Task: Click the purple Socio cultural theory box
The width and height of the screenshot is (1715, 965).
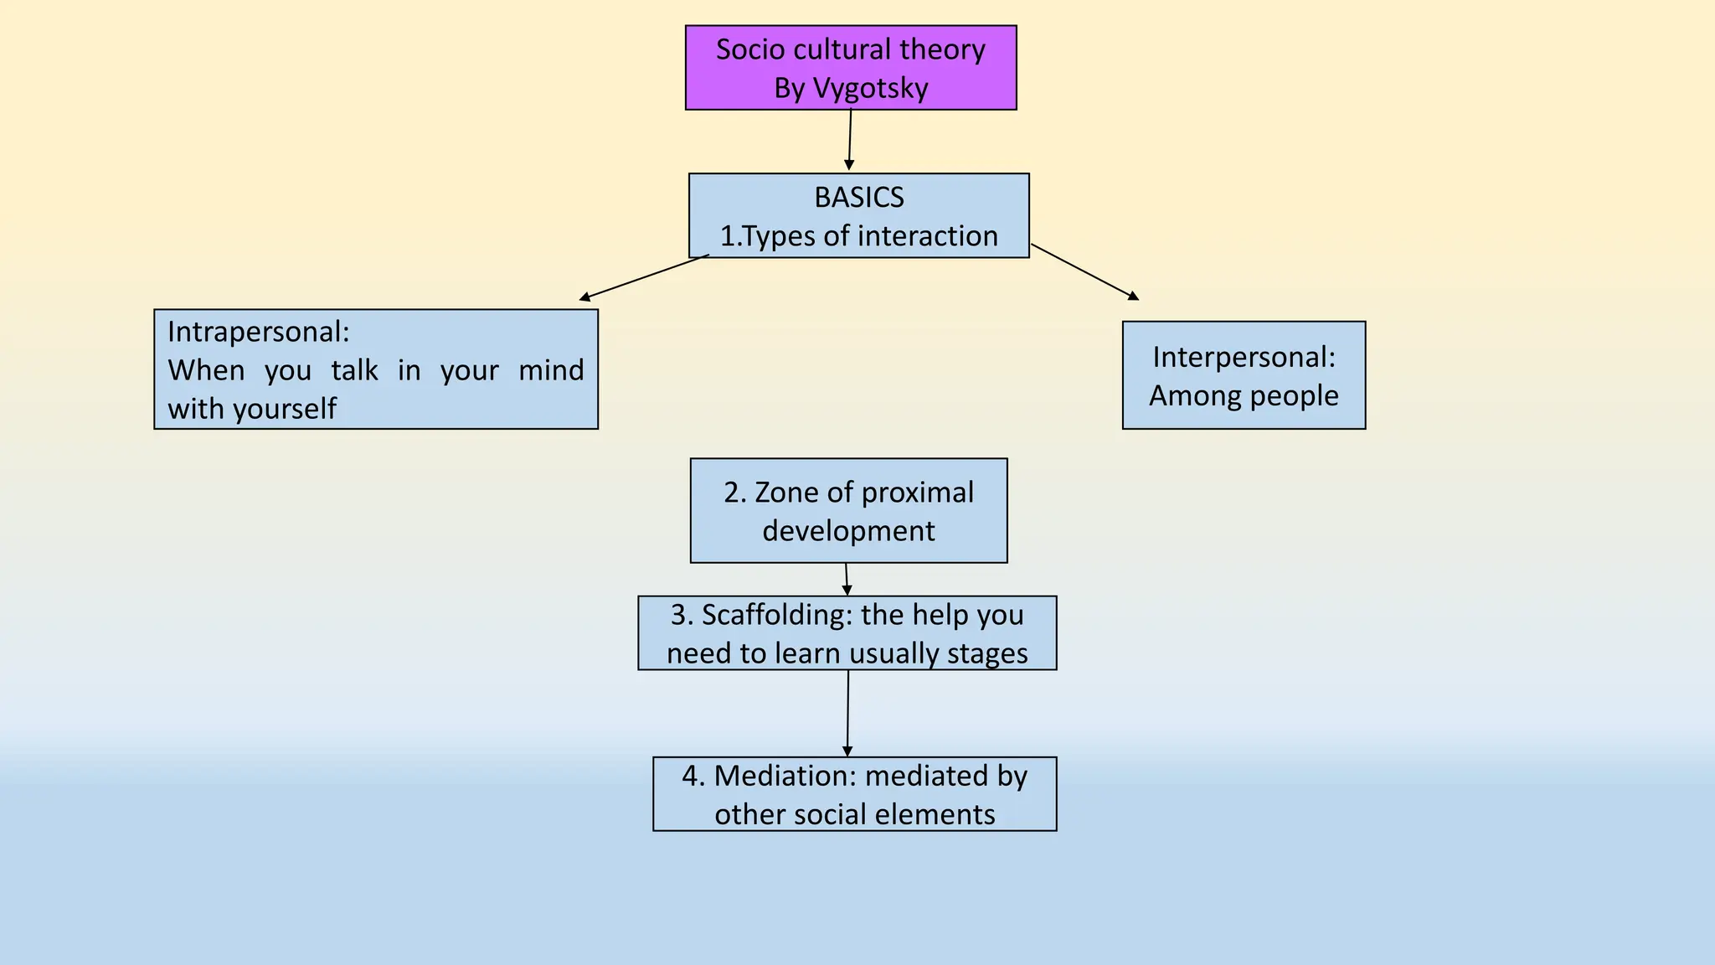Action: click(x=851, y=67)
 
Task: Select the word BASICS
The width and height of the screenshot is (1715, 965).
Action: click(x=859, y=198)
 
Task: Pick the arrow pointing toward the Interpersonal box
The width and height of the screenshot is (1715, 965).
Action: click(x=1084, y=271)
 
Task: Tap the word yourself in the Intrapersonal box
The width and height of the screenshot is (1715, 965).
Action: click(x=285, y=409)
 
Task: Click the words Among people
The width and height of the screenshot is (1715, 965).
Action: click(x=1244, y=395)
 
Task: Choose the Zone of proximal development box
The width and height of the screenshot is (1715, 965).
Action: click(x=848, y=511)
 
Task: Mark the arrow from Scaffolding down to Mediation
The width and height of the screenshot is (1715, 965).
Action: click(x=847, y=713)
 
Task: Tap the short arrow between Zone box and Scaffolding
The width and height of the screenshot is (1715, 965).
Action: click(x=847, y=579)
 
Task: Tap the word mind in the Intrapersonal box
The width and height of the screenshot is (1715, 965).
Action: click(x=551, y=370)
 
